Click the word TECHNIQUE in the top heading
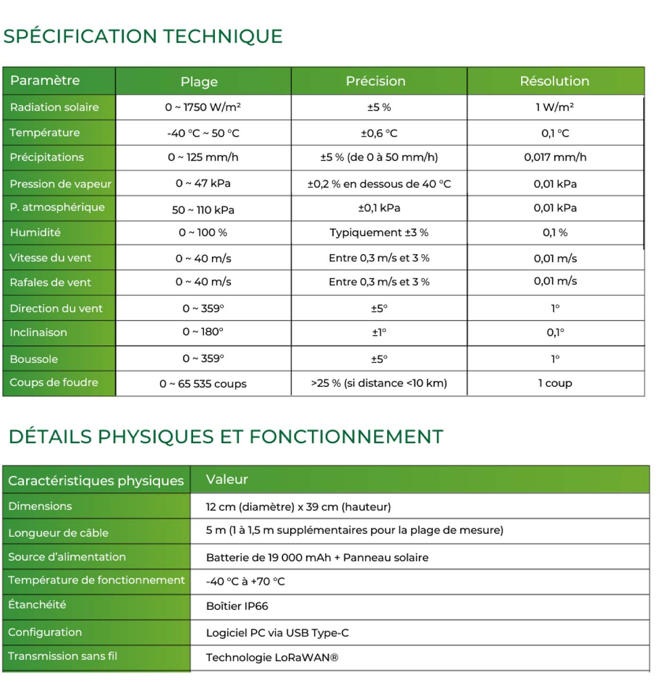coord(222,36)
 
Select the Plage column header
coord(199,82)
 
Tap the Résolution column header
coord(554,81)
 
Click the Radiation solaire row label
coord(54,107)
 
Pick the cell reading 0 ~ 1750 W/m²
coord(203,107)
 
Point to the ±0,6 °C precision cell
coord(379,133)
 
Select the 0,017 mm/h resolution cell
coord(555,157)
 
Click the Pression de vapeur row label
coord(60,184)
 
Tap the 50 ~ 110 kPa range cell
coord(203,210)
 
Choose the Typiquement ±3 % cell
coord(379,233)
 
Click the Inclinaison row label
coord(38,332)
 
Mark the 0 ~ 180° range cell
coord(203,332)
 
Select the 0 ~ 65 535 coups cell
coord(203,384)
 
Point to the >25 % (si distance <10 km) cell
coord(379,383)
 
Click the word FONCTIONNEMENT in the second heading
coord(346,437)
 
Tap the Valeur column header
coord(227,479)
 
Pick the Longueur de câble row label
coord(58,533)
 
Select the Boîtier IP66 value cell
coord(237,606)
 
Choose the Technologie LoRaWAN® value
coord(272,657)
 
